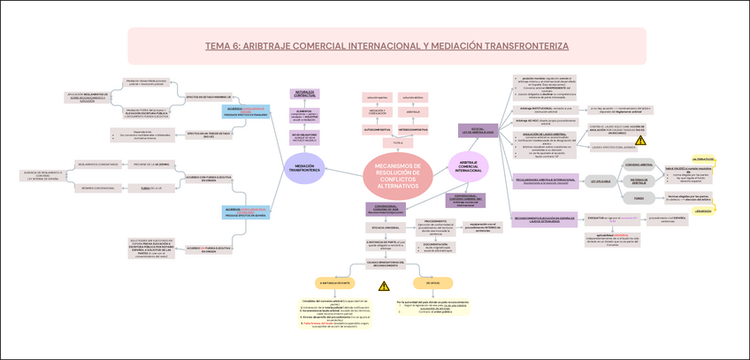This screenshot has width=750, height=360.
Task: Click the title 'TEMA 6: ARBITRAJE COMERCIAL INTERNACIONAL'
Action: [x=386, y=46]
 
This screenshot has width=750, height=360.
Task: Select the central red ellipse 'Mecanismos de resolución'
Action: [x=398, y=177]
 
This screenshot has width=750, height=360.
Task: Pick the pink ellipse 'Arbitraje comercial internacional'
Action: [x=469, y=165]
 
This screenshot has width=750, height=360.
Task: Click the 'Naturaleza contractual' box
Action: [x=305, y=93]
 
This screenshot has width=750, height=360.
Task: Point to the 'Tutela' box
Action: [x=398, y=142]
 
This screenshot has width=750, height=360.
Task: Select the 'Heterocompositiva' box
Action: [x=412, y=129]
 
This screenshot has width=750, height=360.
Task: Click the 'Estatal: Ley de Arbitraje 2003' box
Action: [x=477, y=131]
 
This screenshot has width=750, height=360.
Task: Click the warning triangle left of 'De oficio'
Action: [x=384, y=285]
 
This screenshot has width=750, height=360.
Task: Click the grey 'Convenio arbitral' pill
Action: [x=639, y=165]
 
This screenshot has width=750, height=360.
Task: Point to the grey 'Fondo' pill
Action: [x=639, y=198]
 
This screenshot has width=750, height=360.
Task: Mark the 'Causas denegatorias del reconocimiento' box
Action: [x=384, y=263]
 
